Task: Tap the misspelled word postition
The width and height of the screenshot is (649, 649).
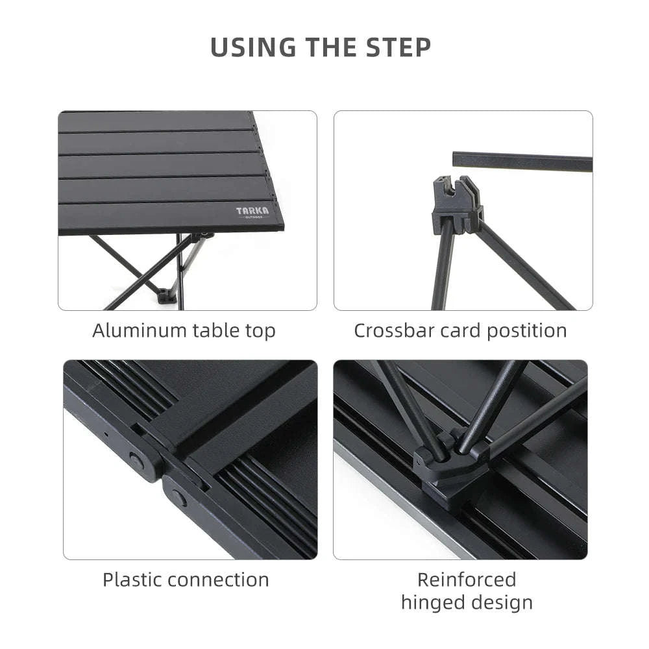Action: point(526,330)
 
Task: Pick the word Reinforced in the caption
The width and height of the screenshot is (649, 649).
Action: point(467,580)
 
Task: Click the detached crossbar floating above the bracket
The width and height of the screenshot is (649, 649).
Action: point(522,162)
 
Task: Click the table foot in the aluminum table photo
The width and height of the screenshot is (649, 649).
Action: point(167,296)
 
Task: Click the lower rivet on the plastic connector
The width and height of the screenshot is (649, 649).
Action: point(179,499)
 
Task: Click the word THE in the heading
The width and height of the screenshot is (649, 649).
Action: point(324,48)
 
